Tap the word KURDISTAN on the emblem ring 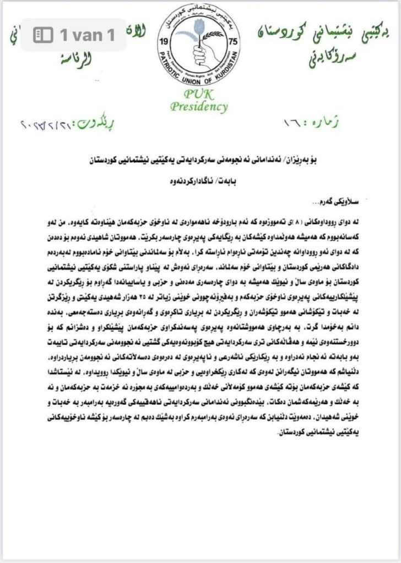tap(220, 72)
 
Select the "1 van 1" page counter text tap(88, 36)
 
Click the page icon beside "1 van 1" tap(43, 36)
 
